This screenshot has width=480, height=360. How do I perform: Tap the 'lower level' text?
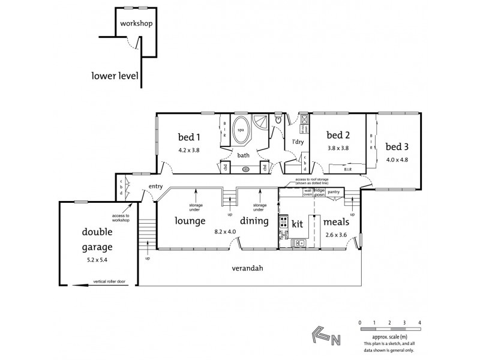[x=115, y=76]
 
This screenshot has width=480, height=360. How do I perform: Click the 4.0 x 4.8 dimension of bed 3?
[x=397, y=159]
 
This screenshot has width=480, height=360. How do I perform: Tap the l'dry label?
[x=298, y=142]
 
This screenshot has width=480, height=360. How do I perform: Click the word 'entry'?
[x=155, y=187]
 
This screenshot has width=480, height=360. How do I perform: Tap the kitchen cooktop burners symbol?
[x=283, y=223]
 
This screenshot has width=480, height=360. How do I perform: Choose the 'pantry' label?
[x=334, y=192]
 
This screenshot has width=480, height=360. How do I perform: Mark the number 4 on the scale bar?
[x=419, y=323]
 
